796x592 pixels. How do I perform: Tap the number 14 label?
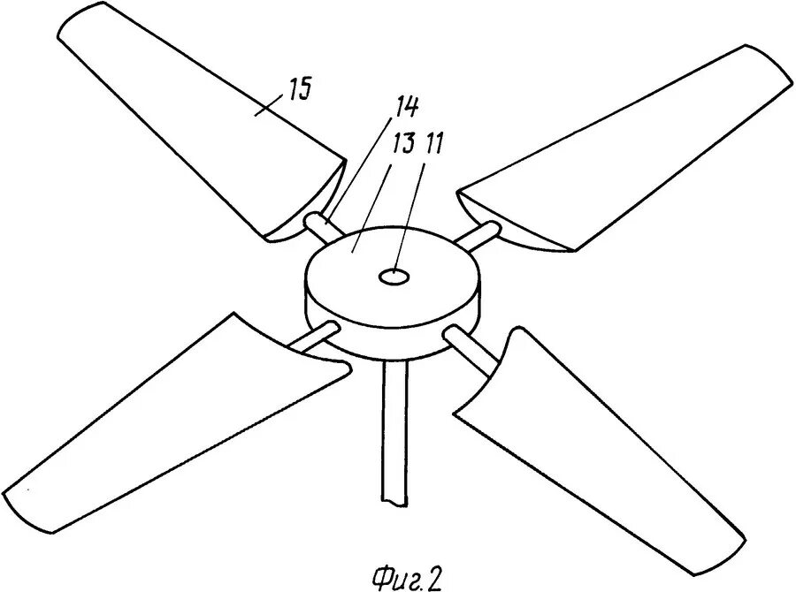(407, 105)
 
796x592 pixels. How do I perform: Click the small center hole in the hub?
(391, 277)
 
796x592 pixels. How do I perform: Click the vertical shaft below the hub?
(391, 433)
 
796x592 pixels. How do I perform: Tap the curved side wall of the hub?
(389, 331)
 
